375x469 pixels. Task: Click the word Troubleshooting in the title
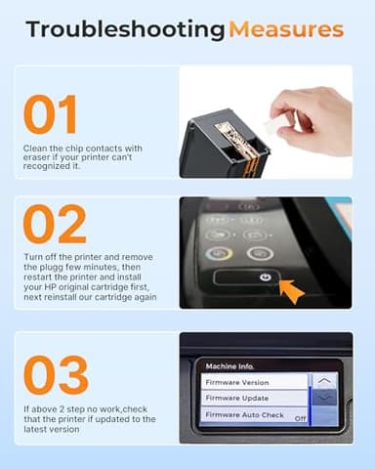click(x=125, y=29)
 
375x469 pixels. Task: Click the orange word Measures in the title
click(x=285, y=29)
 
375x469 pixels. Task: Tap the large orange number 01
click(x=51, y=115)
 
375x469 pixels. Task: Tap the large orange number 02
click(x=55, y=225)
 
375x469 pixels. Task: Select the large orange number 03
click(x=56, y=375)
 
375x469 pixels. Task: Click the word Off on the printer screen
click(x=300, y=418)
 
